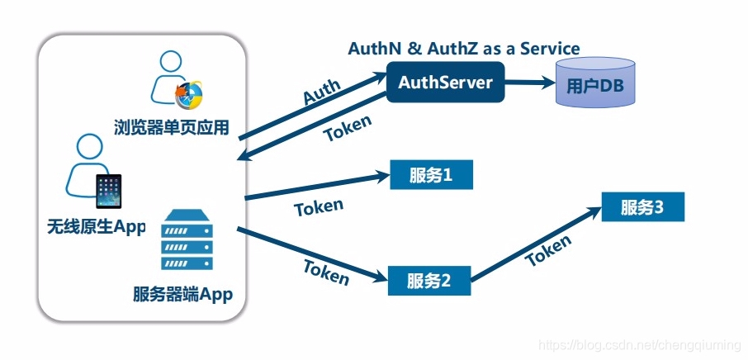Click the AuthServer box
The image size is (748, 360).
click(x=445, y=83)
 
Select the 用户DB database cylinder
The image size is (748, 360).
click(x=595, y=84)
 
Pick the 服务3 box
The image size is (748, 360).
click(x=642, y=208)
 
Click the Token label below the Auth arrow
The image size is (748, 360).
click(x=347, y=128)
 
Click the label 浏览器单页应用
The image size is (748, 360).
click(x=171, y=127)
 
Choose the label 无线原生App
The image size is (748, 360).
click(x=97, y=225)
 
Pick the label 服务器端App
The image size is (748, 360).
click(x=182, y=295)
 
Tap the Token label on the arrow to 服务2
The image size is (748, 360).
click(x=326, y=271)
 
